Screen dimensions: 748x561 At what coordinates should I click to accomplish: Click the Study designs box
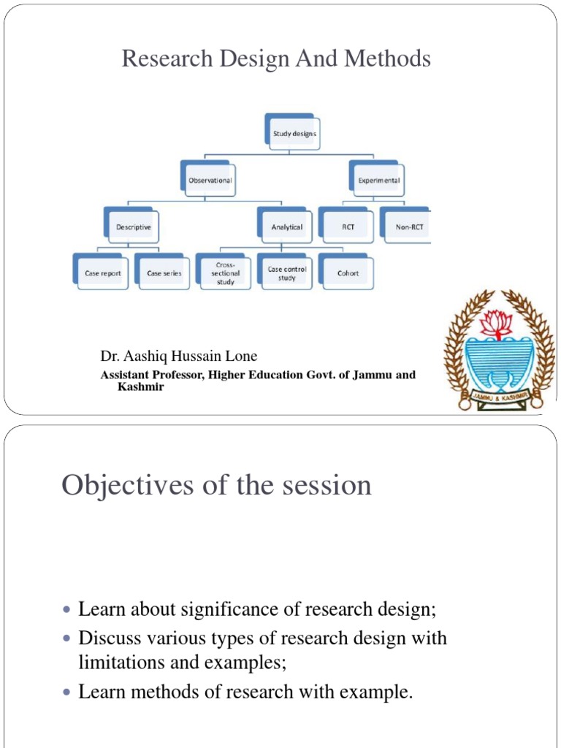point(294,134)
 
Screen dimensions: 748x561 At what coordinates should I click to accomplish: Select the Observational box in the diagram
point(210,180)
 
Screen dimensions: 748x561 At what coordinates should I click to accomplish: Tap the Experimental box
point(378,180)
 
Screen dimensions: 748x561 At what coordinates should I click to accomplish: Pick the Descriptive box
point(133,227)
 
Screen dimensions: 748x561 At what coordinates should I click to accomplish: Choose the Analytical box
point(286,227)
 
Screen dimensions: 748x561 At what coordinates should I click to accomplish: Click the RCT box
point(348,227)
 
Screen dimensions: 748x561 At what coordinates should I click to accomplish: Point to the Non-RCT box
point(409,227)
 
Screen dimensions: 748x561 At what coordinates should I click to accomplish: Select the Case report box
point(102,273)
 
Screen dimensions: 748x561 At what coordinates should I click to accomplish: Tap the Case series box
point(164,273)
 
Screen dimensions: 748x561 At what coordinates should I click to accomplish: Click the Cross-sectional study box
point(225,273)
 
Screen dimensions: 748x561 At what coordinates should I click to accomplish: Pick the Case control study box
point(286,273)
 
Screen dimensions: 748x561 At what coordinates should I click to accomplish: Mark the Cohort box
point(348,273)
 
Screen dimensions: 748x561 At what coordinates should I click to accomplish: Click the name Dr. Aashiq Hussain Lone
point(179,356)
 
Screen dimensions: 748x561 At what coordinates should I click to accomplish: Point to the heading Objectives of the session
point(216,485)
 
